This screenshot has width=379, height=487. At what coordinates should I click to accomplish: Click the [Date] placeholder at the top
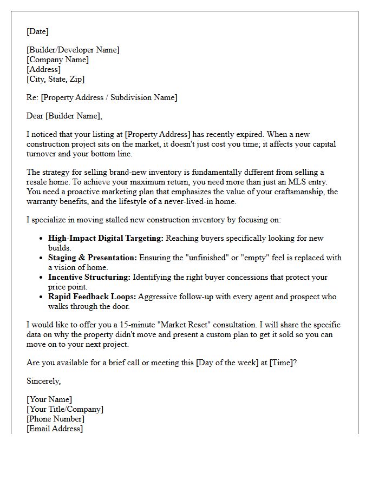pyautogui.click(x=37, y=31)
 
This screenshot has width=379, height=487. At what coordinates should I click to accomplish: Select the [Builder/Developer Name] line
pyautogui.click(x=73, y=50)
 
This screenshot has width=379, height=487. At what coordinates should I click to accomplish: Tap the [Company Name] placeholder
pyautogui.click(x=58, y=60)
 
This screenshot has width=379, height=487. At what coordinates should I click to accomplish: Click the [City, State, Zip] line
pyautogui.click(x=56, y=79)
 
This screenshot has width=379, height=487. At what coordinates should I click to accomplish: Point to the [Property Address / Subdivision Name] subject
pyautogui.click(x=109, y=97)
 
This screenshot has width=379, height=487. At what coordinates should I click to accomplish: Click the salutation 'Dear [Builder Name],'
pyautogui.click(x=64, y=116)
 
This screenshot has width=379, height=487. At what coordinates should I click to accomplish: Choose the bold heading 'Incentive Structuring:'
pyautogui.click(x=89, y=277)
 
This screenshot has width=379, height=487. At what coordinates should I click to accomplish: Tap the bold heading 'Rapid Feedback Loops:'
pyautogui.click(x=92, y=297)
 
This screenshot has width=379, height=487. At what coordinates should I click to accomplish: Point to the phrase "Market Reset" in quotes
pyautogui.click(x=172, y=325)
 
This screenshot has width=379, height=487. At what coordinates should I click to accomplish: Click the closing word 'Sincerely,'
pyautogui.click(x=44, y=381)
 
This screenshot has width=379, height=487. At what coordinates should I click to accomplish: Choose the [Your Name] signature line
pyautogui.click(x=49, y=399)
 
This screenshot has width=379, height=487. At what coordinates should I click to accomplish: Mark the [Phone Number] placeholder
pyautogui.click(x=55, y=419)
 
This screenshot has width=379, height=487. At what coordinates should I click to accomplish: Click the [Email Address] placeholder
pyautogui.click(x=55, y=429)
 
